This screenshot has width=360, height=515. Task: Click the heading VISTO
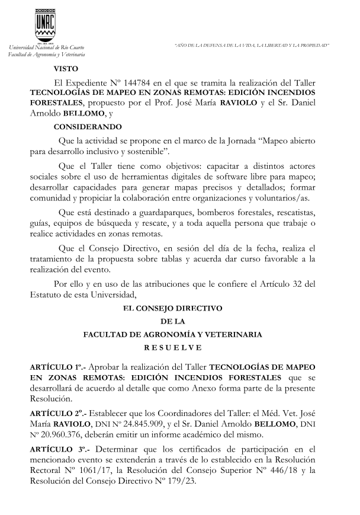65,68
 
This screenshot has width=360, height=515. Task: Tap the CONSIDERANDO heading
88,127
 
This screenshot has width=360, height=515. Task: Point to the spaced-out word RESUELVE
173,347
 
